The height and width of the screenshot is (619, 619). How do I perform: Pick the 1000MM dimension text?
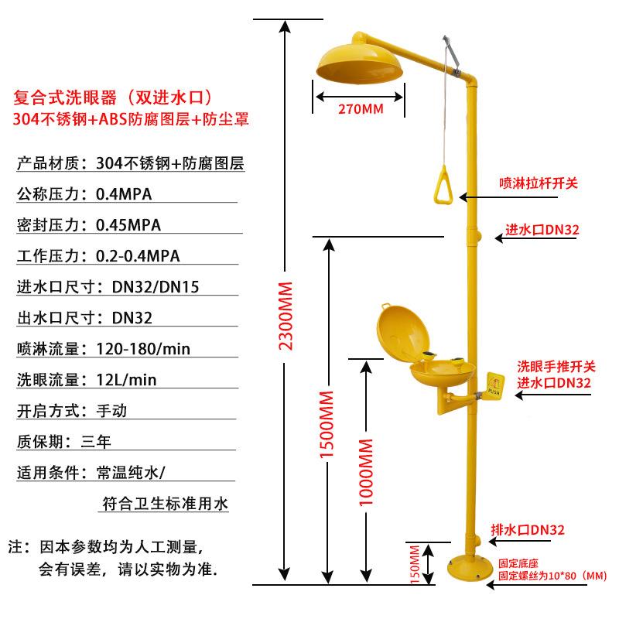pos(367,472)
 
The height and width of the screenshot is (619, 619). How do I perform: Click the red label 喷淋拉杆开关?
pos(539,183)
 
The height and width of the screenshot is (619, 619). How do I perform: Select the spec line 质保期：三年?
pos(64,442)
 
